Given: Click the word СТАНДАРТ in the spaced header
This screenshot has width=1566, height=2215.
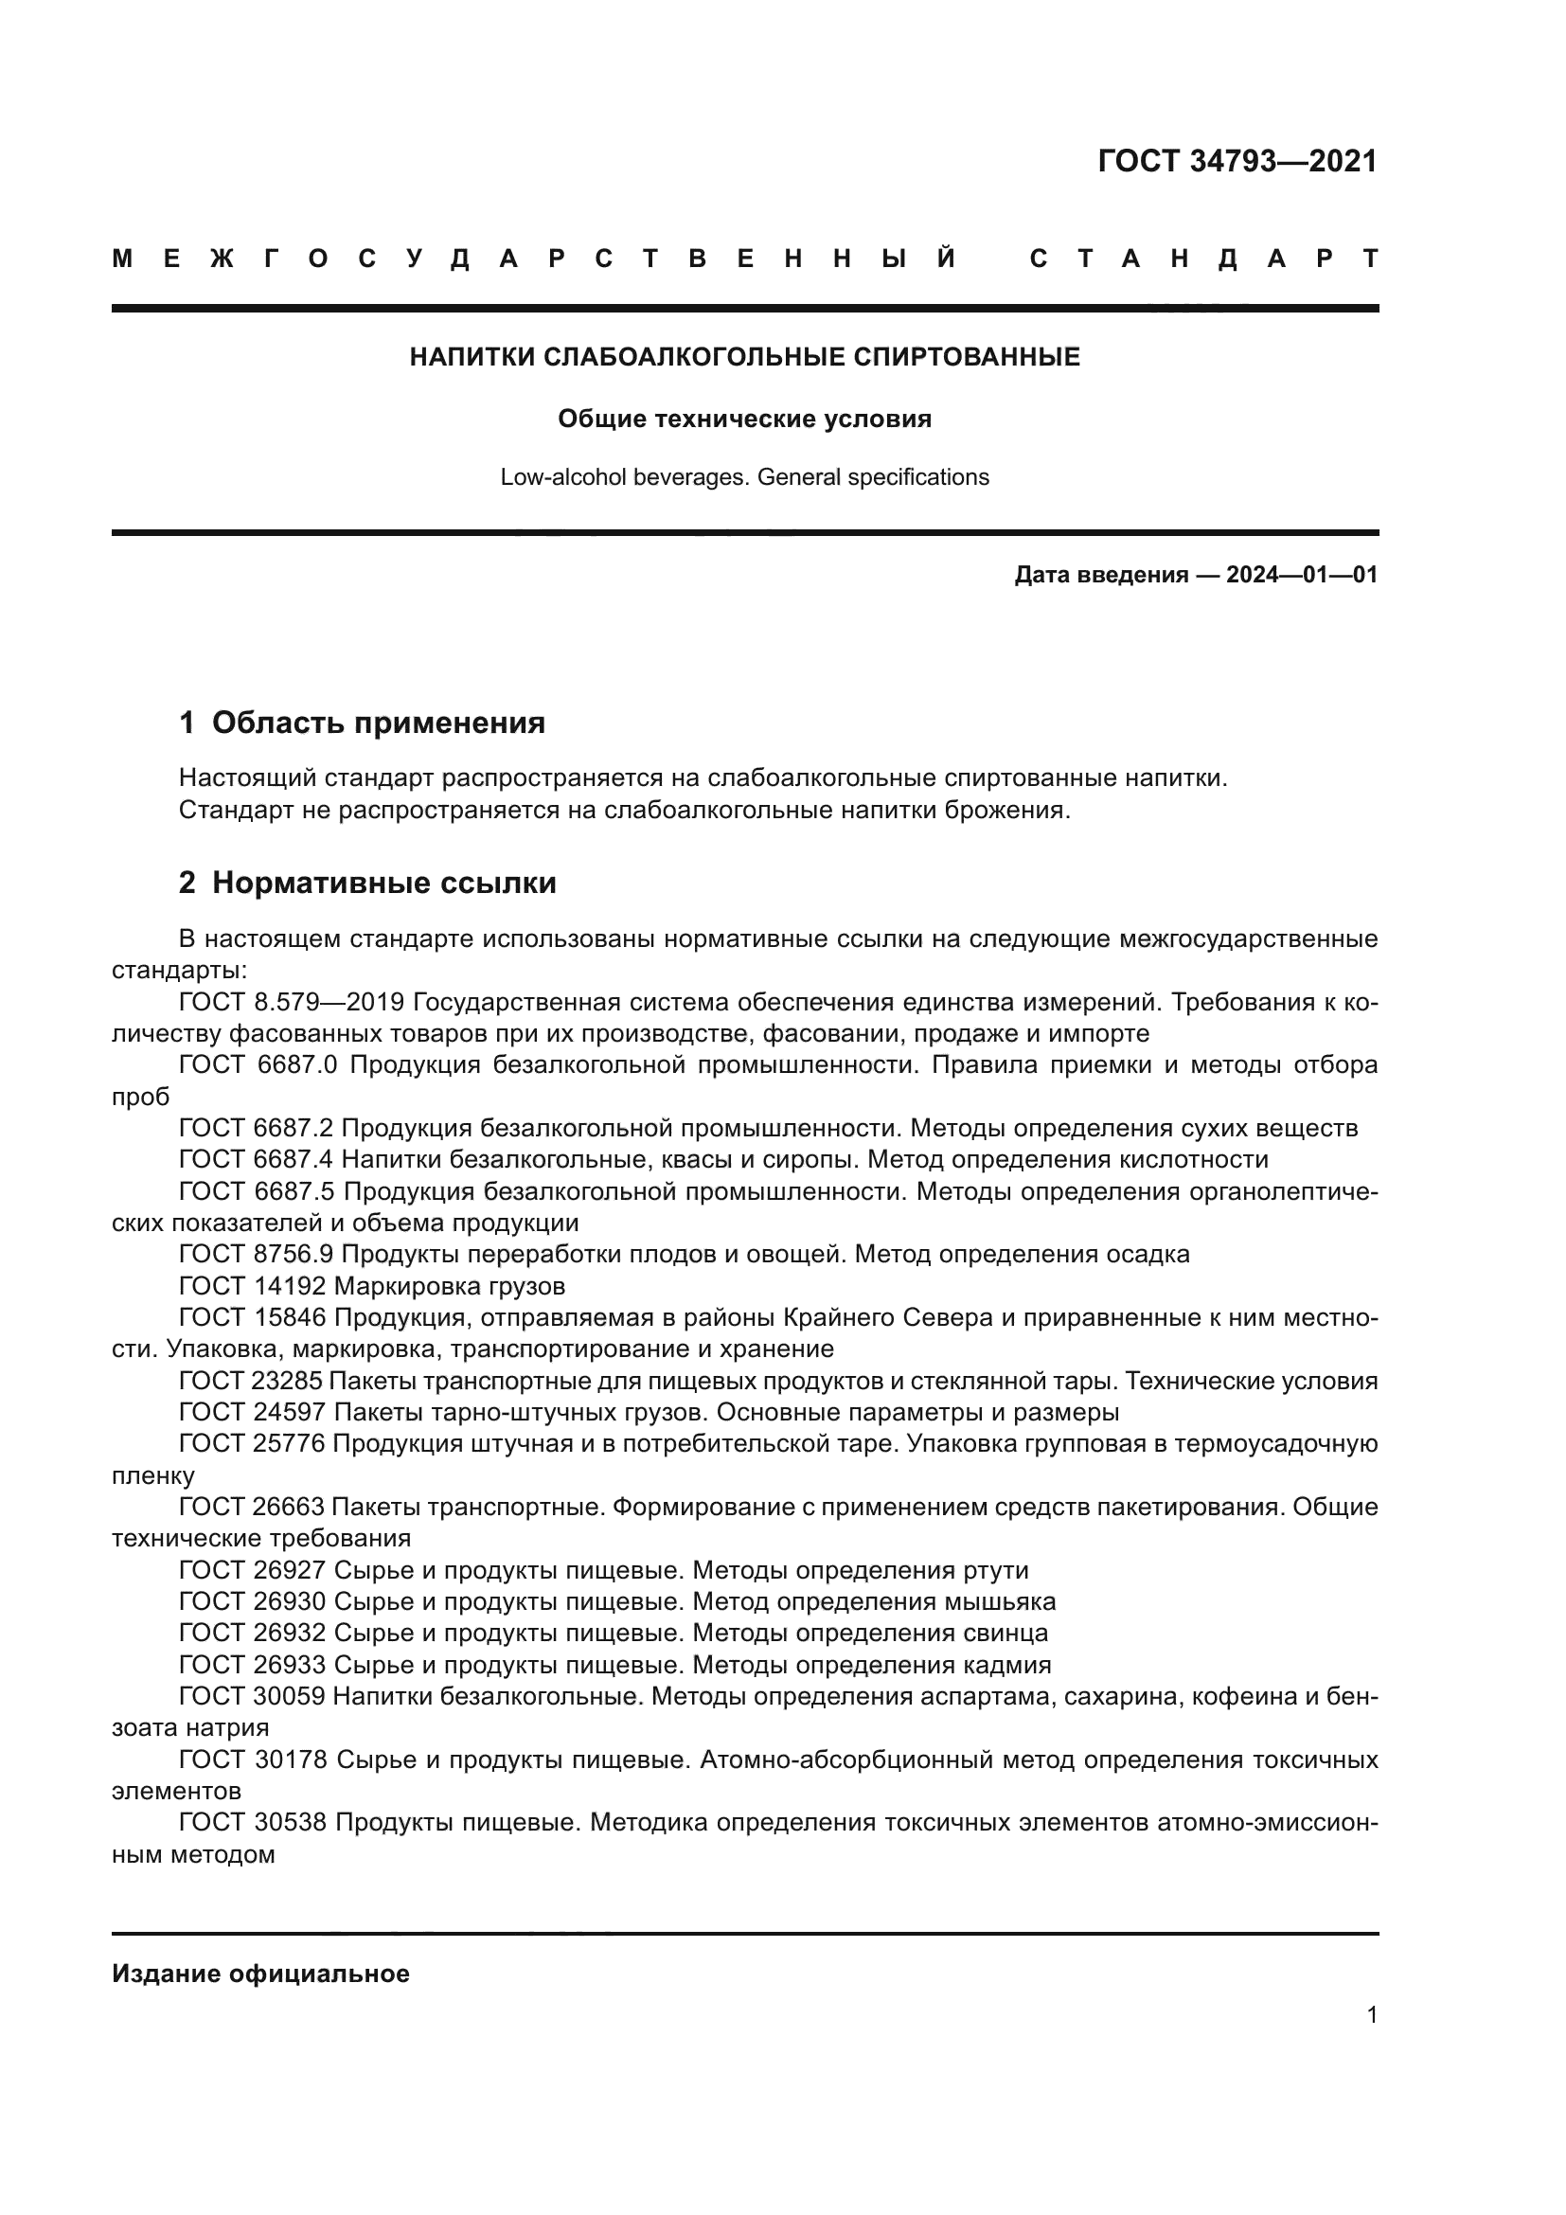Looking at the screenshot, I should tap(1203, 259).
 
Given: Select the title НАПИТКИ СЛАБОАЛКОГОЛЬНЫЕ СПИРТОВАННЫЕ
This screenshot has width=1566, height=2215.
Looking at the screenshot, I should tap(744, 357).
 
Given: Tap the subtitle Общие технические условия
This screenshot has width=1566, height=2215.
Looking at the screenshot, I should tap(744, 419).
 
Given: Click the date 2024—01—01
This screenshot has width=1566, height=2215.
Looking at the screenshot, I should tap(1301, 575).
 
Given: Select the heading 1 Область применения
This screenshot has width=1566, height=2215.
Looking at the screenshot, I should tap(362, 723).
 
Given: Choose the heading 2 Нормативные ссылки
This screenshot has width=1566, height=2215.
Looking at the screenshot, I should tap(367, 883).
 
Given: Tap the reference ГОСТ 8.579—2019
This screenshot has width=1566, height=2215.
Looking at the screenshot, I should tap(292, 1001).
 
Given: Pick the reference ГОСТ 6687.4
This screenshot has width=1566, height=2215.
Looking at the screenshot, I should tap(257, 1160).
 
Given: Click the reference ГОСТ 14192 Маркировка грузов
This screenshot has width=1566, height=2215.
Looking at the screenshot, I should tap(372, 1286).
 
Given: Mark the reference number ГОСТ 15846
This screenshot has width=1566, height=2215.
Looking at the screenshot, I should tap(253, 1318).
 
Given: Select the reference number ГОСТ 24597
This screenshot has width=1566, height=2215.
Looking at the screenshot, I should tap(253, 1412).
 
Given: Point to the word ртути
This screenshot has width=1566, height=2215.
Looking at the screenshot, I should tap(996, 1570).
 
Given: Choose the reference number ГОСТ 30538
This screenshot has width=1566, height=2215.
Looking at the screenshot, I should tap(253, 1822).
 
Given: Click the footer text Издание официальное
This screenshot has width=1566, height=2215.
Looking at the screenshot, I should tap(260, 1974).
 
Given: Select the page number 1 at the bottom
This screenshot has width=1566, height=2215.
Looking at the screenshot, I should tap(1371, 2014).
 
